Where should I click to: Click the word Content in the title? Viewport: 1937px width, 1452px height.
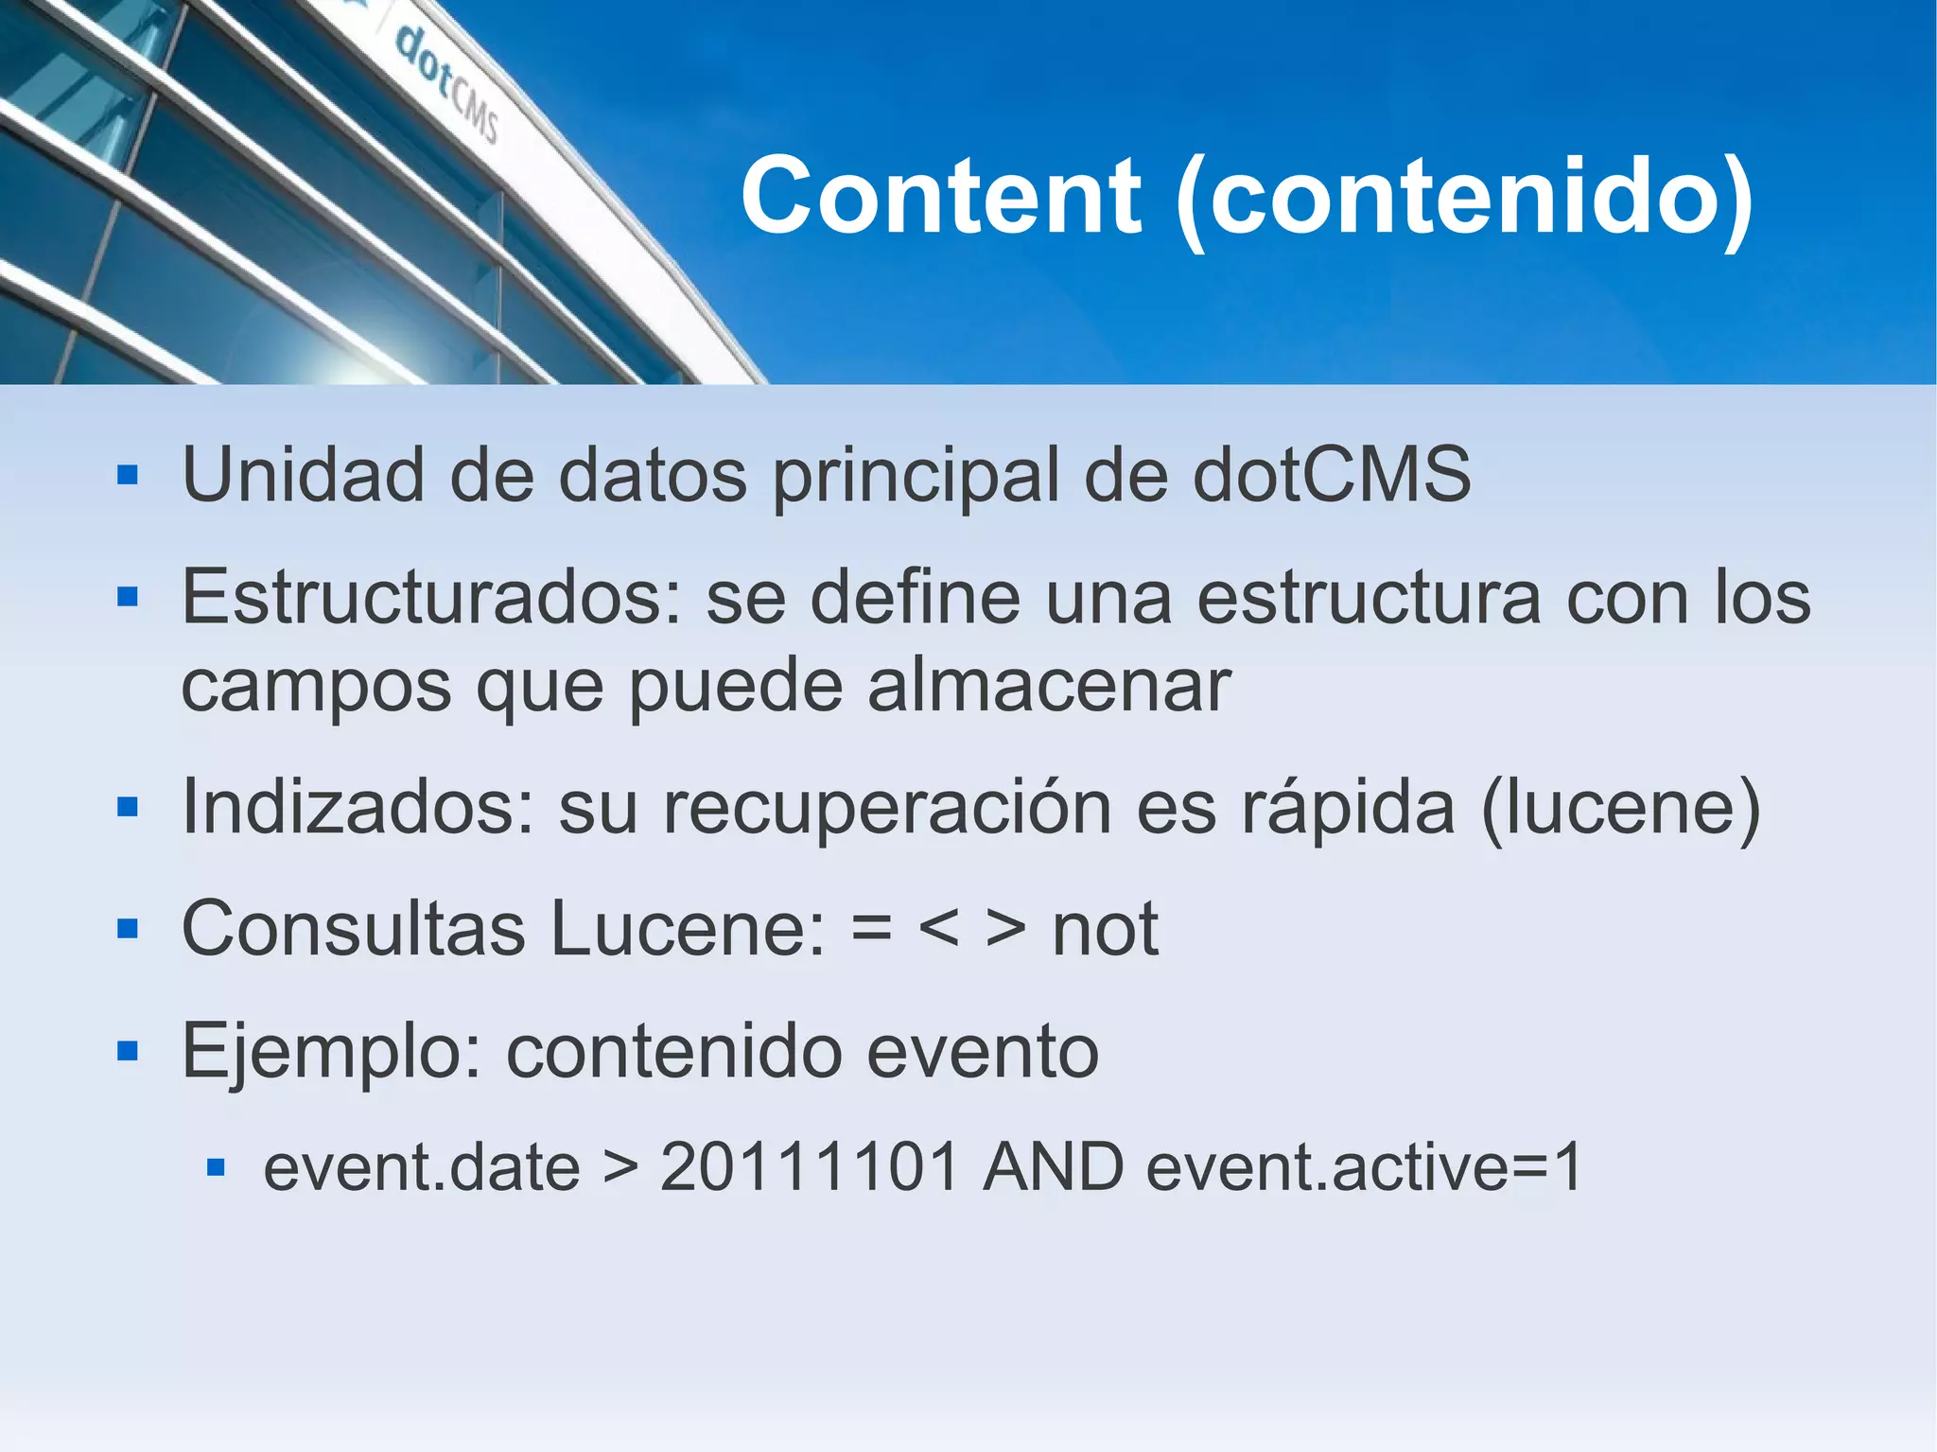click(941, 196)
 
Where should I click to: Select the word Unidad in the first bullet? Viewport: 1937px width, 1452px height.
click(303, 475)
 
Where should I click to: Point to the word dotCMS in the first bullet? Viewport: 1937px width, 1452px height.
click(1332, 475)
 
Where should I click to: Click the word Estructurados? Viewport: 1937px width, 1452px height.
click(431, 598)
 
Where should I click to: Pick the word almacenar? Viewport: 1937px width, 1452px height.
click(1049, 686)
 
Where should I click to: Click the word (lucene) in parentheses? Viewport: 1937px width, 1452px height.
click(1620, 809)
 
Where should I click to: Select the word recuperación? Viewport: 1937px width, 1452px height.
click(886, 809)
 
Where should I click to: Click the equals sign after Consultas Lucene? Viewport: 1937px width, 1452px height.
click(871, 930)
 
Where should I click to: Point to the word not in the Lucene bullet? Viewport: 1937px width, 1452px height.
click(1105, 930)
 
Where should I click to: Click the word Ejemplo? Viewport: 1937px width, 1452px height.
click(332, 1052)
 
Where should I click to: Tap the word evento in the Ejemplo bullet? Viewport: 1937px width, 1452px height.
click(983, 1052)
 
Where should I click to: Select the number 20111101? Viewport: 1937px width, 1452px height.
click(810, 1167)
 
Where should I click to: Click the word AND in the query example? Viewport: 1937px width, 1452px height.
click(1053, 1167)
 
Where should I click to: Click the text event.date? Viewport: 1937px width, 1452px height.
click(422, 1167)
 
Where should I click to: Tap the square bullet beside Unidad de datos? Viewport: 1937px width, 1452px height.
click(128, 475)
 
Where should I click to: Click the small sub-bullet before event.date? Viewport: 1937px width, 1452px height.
click(216, 1168)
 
